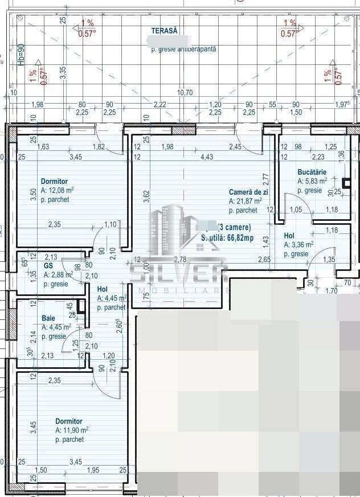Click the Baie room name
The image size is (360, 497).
coord(48,318)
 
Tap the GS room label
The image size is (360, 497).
coord(48,265)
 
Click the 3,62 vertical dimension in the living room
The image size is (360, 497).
coord(146,195)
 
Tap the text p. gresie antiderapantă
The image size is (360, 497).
coord(183,50)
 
